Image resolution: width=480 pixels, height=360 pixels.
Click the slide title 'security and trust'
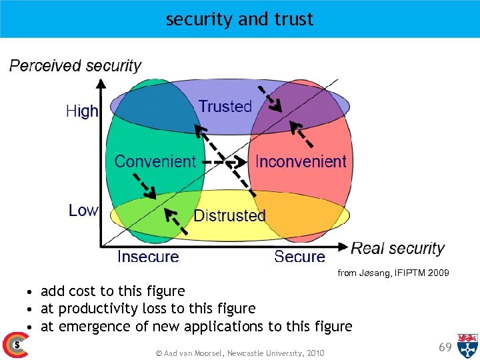click(x=239, y=19)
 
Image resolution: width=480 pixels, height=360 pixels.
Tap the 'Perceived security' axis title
click(x=75, y=65)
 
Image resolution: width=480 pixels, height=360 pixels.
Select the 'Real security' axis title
click(x=397, y=249)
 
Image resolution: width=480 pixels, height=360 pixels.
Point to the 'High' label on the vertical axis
click(x=82, y=111)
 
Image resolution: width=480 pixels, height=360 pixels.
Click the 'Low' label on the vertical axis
click(x=83, y=211)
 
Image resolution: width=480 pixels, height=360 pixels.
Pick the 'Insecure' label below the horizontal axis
click(x=148, y=257)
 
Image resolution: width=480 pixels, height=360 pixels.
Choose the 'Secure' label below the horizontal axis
click(x=299, y=257)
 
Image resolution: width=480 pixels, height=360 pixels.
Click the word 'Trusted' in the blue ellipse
click(x=225, y=106)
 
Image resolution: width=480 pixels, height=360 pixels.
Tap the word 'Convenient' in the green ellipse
click(x=155, y=161)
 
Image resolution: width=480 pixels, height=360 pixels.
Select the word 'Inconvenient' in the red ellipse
click(x=301, y=161)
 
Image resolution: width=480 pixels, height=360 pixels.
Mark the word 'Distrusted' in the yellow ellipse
click(x=229, y=215)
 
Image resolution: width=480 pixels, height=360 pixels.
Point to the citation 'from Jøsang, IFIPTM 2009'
click(x=393, y=273)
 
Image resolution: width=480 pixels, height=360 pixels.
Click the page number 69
click(x=445, y=347)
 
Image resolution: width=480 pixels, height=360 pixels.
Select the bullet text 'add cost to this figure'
click(x=113, y=291)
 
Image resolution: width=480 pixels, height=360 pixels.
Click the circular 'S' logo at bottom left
click(x=15, y=345)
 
